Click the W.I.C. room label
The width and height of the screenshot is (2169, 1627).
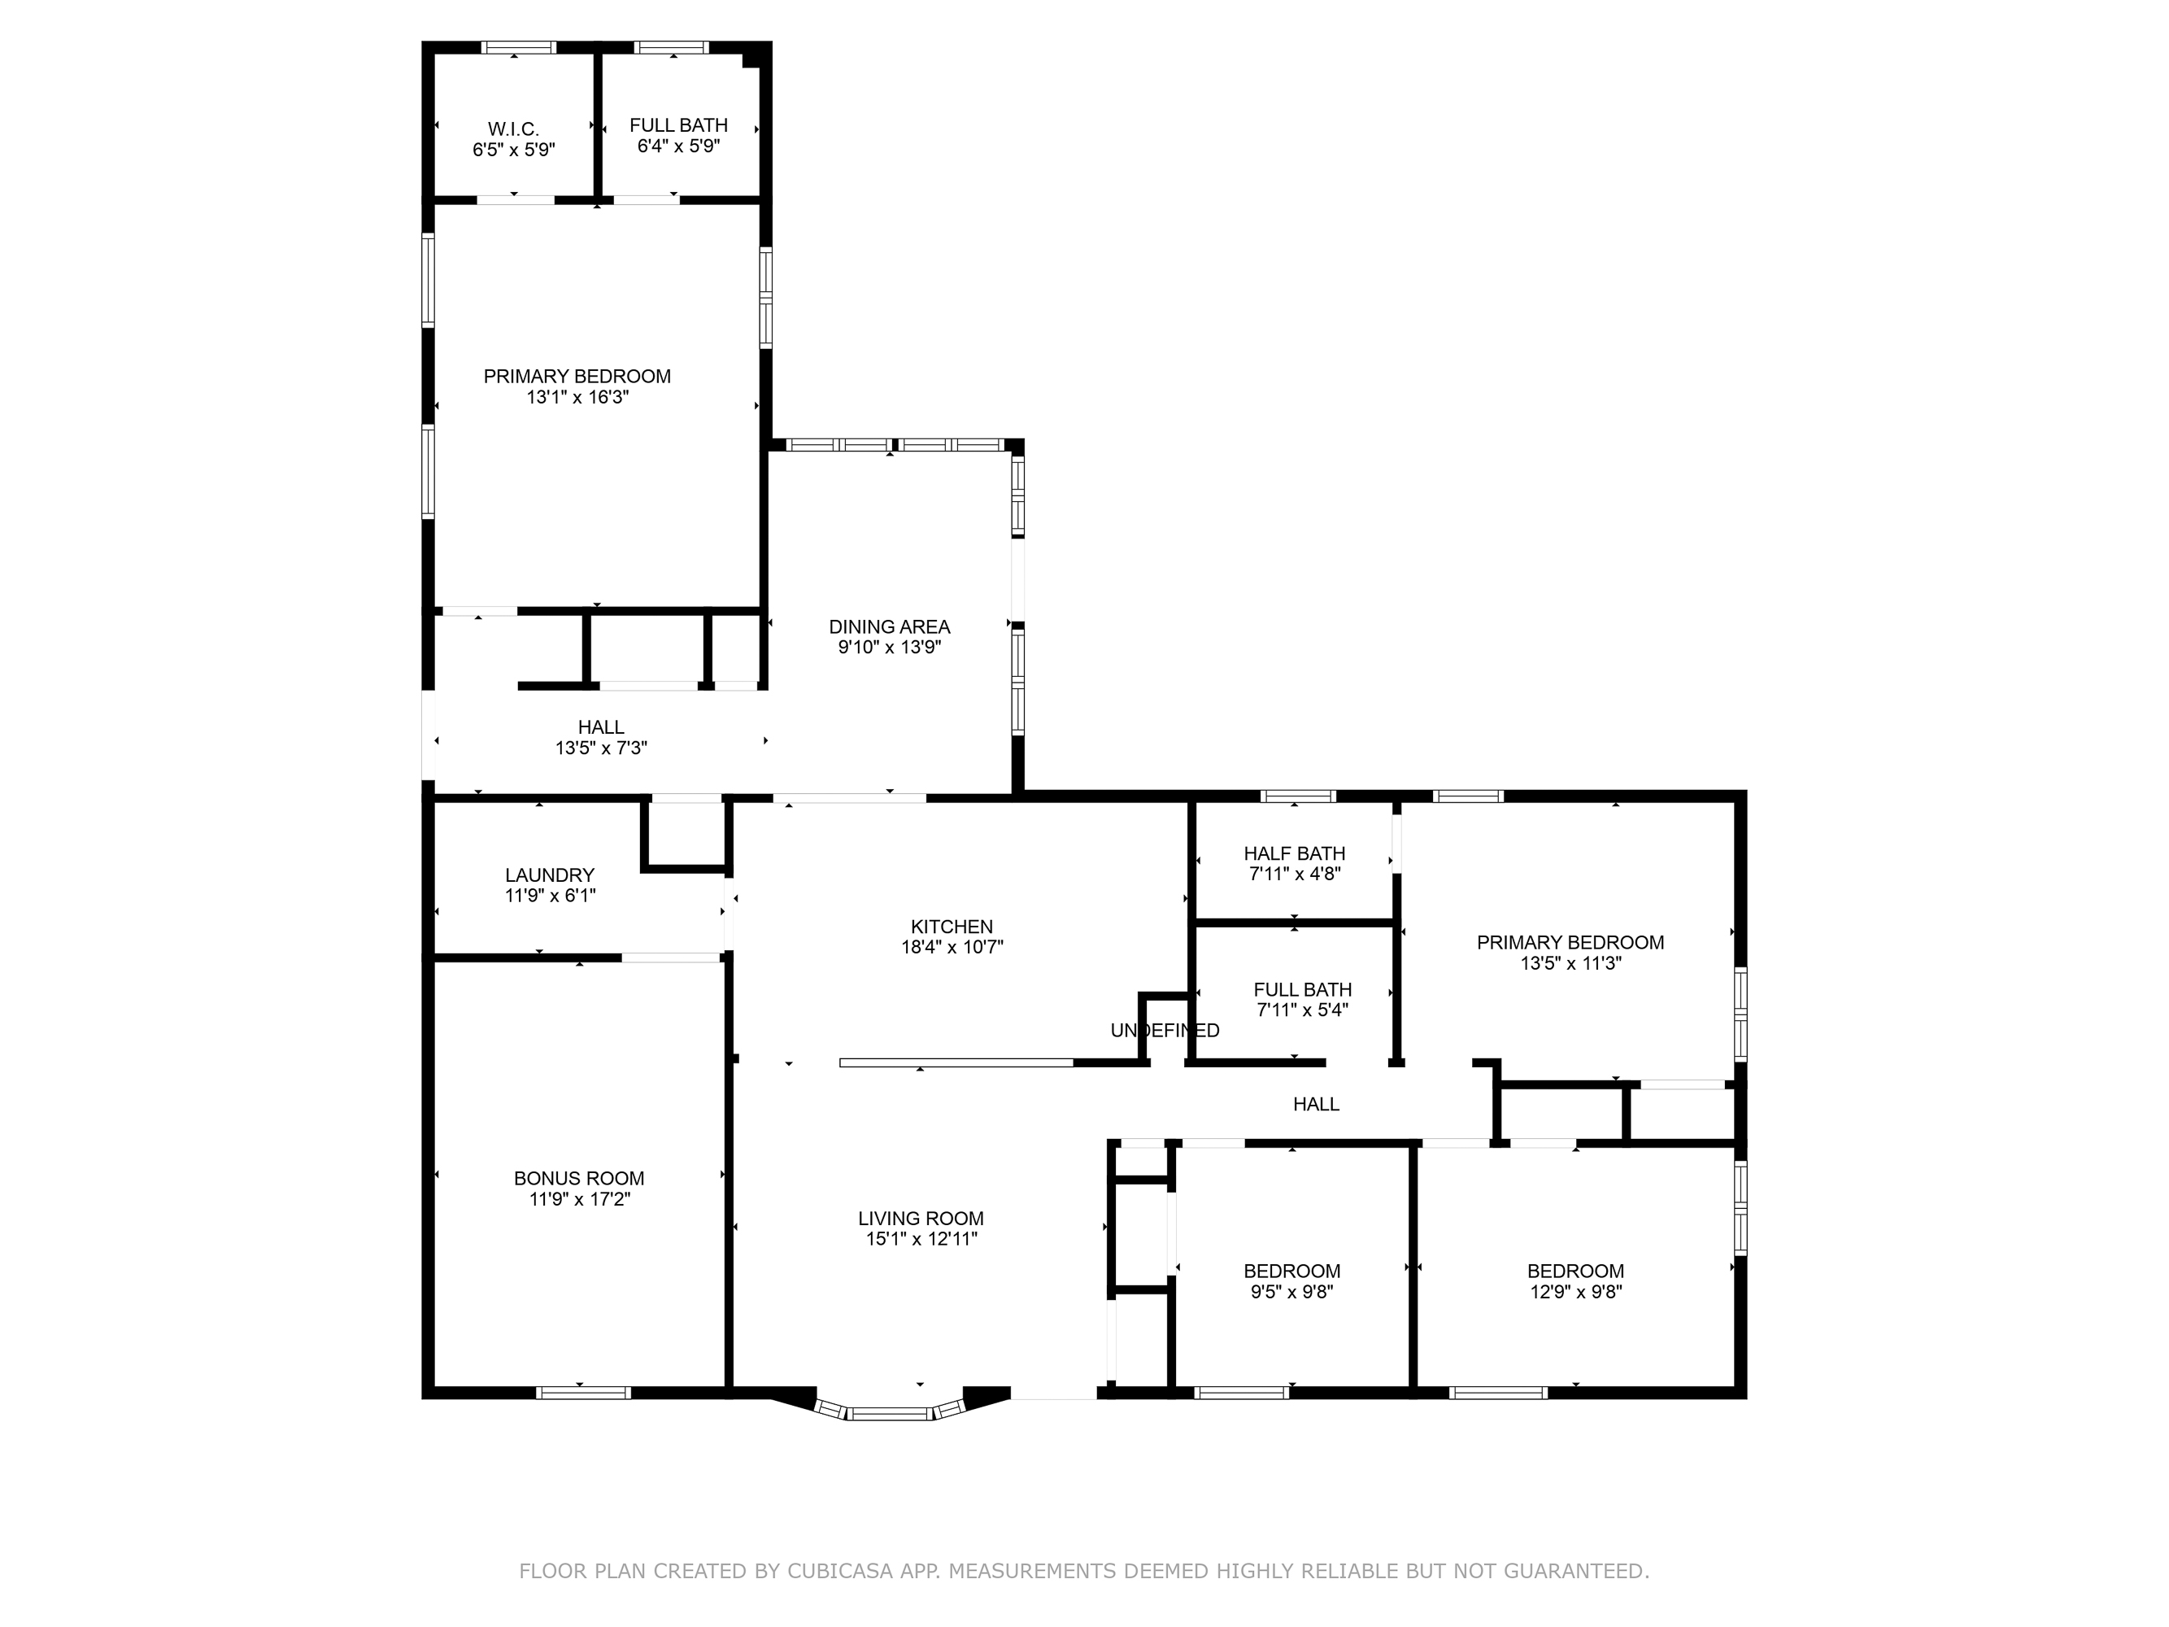tap(514, 129)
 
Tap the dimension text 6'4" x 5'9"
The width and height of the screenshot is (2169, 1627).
tap(678, 146)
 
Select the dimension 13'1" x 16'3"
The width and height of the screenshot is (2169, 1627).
tap(577, 397)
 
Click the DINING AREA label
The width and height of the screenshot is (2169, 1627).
tap(890, 626)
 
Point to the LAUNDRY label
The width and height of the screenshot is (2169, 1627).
tap(550, 875)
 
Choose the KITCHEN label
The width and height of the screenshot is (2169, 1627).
tap(952, 927)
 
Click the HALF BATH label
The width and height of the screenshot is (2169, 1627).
tap(1295, 853)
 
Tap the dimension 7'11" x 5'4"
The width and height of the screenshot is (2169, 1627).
tap(1303, 1010)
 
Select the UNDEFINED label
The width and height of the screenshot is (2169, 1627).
tap(1165, 1030)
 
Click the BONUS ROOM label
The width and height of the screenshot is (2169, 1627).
tap(580, 1179)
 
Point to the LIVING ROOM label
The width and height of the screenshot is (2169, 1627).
tap(921, 1218)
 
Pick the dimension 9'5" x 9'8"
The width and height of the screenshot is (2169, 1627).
tap(1292, 1292)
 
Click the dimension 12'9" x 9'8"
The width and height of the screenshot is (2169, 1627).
tap(1577, 1292)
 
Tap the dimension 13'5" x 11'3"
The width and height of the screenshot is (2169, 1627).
tap(1571, 963)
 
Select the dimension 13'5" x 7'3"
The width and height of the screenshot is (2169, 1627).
tap(601, 748)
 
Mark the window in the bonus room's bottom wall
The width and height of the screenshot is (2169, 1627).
tap(583, 1393)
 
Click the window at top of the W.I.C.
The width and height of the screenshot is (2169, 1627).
tap(519, 47)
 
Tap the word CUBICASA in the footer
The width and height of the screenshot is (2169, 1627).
tap(840, 1571)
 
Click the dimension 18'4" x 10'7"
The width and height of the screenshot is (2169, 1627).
tap(952, 948)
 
